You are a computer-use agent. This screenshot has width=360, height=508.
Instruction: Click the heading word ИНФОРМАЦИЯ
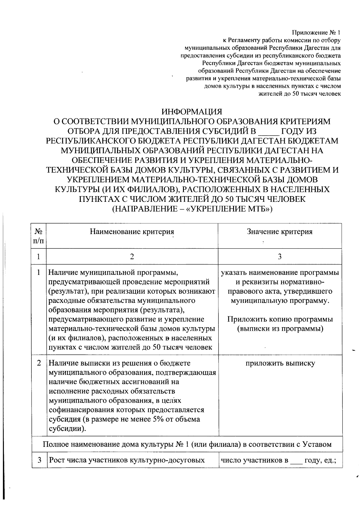coord(192,112)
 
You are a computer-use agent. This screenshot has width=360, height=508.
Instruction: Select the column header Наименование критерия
coord(132,232)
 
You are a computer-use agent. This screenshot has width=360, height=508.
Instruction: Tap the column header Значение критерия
coord(280,232)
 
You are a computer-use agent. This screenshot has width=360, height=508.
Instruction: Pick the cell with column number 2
coord(132,257)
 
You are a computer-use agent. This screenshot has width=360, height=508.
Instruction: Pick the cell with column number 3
coord(280,257)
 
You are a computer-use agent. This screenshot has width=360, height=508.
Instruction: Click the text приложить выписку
coord(280,363)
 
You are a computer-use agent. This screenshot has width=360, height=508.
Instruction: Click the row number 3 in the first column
coord(39,460)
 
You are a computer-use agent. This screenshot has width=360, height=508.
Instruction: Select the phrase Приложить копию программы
coord(280,319)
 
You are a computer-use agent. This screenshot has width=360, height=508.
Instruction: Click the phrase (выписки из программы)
coord(280,329)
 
